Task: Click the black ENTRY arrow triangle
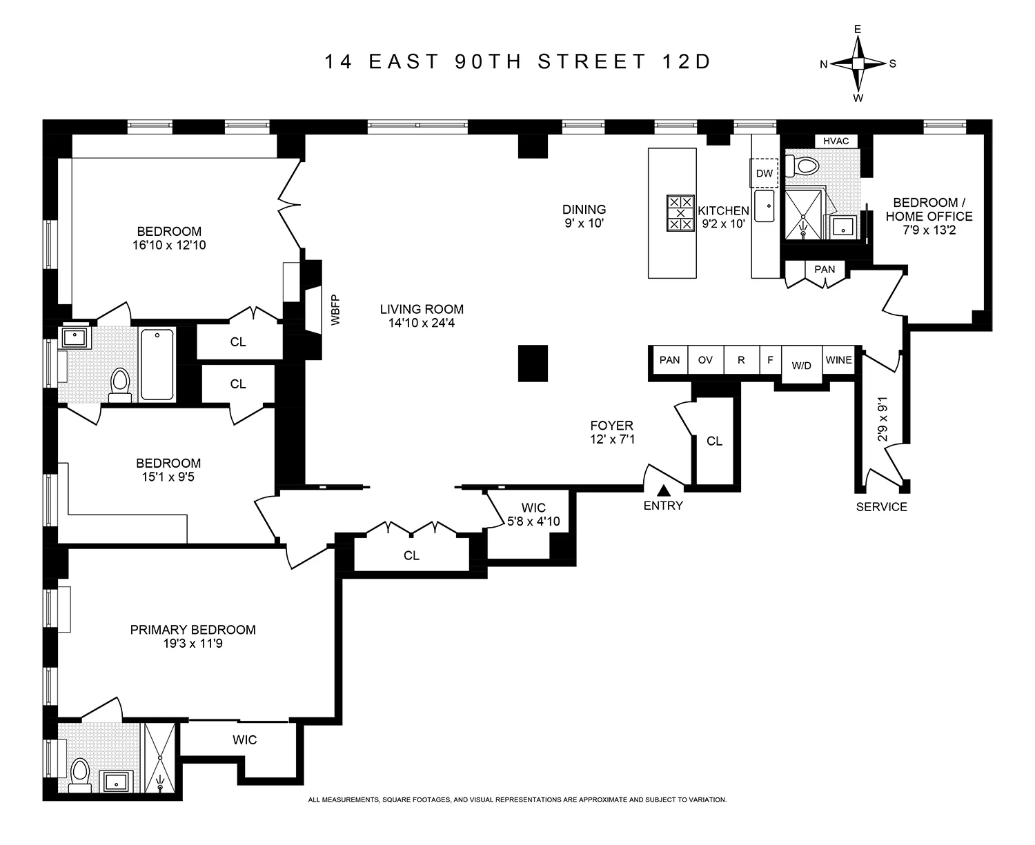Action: [x=663, y=490]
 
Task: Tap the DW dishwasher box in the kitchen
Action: [x=765, y=173]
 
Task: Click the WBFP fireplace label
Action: [x=336, y=310]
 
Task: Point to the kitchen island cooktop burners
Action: [x=680, y=213]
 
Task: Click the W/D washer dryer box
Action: [x=801, y=364]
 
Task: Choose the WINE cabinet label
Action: [x=839, y=360]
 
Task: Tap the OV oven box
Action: [x=705, y=360]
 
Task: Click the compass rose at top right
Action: [x=858, y=63]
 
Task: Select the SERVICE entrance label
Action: [x=881, y=507]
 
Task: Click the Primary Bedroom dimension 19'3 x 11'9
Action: [x=193, y=644]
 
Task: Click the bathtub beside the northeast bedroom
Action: [x=157, y=364]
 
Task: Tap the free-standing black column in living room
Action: [x=533, y=363]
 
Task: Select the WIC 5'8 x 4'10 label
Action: [x=533, y=515]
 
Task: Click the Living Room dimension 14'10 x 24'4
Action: [x=421, y=323]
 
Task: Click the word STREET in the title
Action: [x=591, y=62]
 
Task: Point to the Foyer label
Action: [x=611, y=426]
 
